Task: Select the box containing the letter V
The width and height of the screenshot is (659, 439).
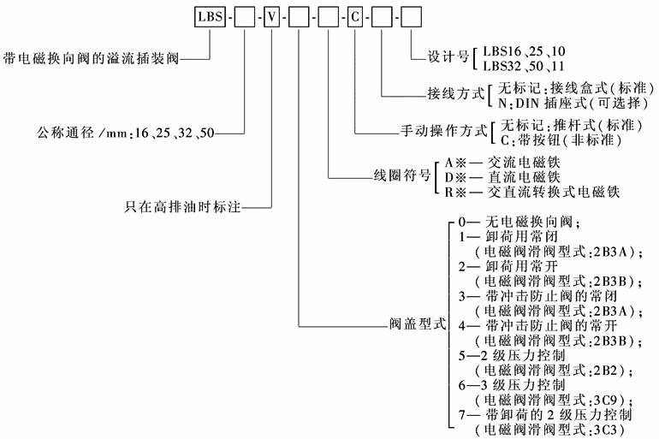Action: click(x=270, y=18)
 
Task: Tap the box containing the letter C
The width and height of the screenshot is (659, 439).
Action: click(x=354, y=18)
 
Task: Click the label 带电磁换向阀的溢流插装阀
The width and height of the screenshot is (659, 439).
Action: click(x=91, y=59)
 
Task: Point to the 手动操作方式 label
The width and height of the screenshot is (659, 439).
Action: click(x=442, y=133)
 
